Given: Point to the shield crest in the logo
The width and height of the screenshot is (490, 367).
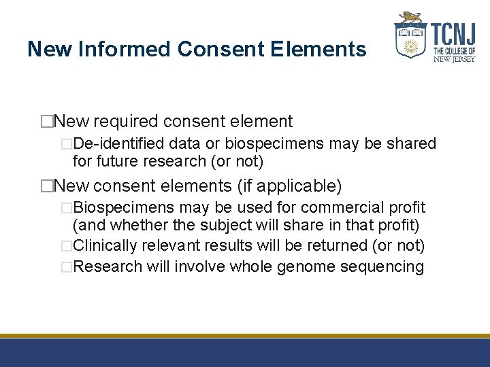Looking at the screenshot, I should click(410, 39).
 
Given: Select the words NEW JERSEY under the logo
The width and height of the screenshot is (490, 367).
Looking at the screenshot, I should click(454, 59).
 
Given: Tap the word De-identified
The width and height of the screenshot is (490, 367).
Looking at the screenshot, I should click(118, 144).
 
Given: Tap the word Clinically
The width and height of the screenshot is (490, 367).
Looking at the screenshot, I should click(104, 245).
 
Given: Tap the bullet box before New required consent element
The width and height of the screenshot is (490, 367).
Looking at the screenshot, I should click(47, 122).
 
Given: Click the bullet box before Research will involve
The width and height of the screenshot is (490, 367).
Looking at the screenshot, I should click(66, 266).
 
